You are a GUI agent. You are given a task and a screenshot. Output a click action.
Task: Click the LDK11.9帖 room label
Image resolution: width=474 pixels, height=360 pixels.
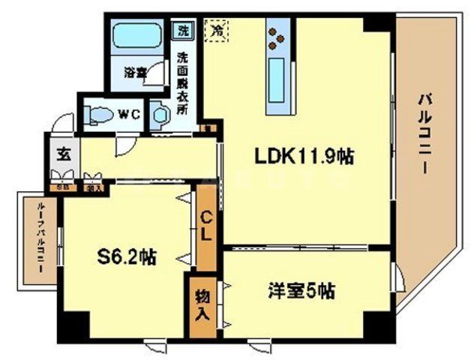[304, 157]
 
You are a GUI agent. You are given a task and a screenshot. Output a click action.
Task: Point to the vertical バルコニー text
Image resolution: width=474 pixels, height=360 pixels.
[424, 132]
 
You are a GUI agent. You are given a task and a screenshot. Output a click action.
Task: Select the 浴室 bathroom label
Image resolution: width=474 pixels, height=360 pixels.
[135, 73]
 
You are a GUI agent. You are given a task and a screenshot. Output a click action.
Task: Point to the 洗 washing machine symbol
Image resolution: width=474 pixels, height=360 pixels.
[182, 31]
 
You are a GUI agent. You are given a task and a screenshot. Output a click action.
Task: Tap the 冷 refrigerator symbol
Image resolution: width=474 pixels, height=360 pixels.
[217, 31]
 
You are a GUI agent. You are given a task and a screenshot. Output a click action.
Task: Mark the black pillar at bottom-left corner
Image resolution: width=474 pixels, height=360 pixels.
[73, 325]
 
